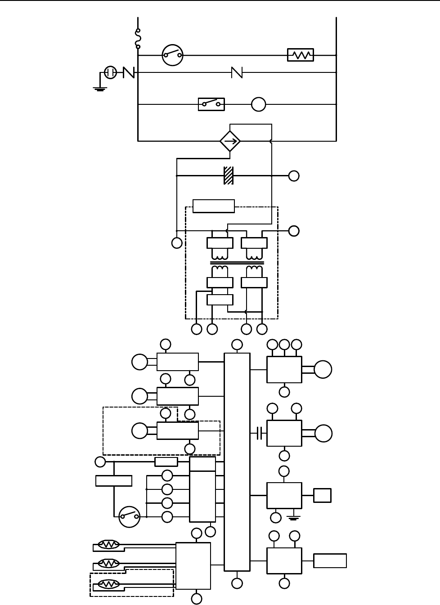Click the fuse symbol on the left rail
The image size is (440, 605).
tap(138, 39)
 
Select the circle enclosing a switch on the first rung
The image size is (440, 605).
tap(173, 55)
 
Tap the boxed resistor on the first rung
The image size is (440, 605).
tap(301, 55)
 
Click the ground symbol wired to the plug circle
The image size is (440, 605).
tap(100, 88)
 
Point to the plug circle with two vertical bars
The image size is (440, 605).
tap(110, 72)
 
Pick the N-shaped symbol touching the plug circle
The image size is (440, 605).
tap(129, 72)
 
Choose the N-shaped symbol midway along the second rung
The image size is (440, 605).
tap(237, 72)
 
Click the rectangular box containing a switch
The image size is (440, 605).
tap(211, 104)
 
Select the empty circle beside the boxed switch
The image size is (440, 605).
tap(259, 104)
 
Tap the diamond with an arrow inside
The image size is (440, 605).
tap(230, 141)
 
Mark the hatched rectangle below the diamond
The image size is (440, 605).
tap(229, 175)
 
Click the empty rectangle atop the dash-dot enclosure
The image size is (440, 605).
tap(214, 206)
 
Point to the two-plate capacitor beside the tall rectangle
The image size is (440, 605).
tap(259, 434)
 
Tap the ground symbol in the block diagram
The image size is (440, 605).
tap(293, 518)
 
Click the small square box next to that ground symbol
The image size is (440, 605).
tap(322, 495)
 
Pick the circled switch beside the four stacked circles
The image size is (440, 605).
tap(130, 516)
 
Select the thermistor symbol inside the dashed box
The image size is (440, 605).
tap(108, 584)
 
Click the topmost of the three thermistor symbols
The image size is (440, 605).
tap(108, 545)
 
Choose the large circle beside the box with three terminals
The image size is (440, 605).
tap(323, 369)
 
